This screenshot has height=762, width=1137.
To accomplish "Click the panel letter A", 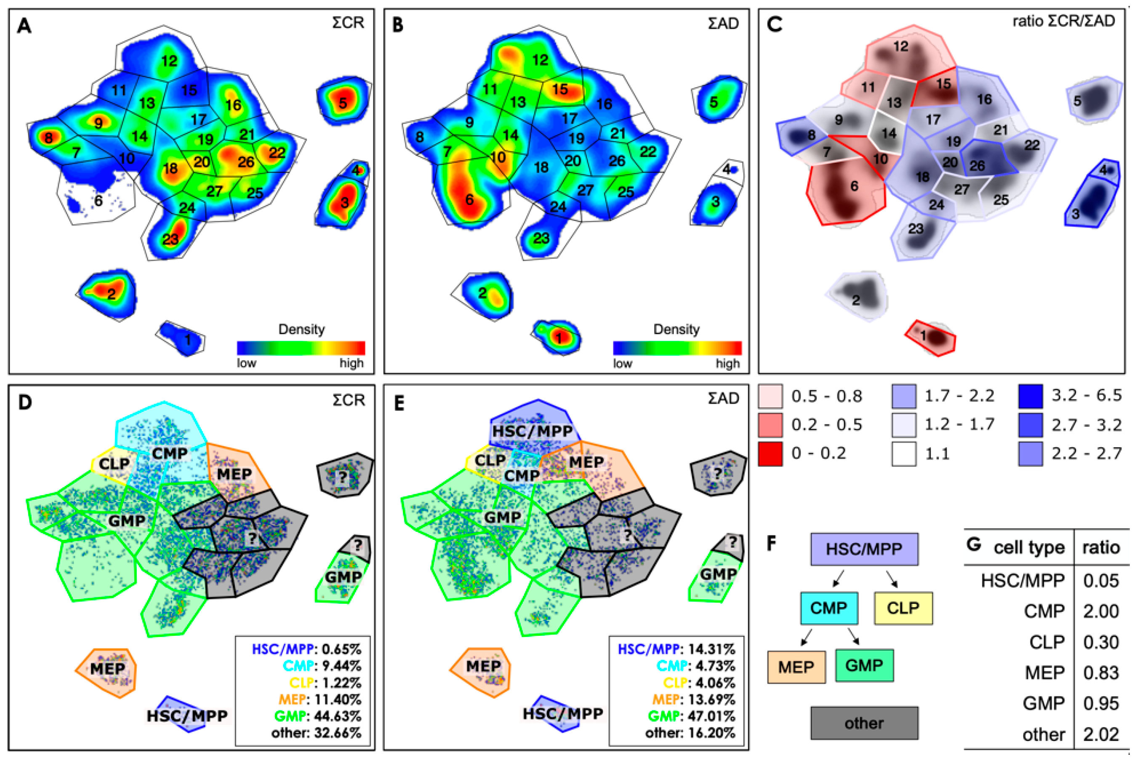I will pyautogui.click(x=24, y=26).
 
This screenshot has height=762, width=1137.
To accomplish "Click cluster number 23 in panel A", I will pyautogui.click(x=170, y=239).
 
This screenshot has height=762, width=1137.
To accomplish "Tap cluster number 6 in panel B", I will pyautogui.click(x=469, y=200).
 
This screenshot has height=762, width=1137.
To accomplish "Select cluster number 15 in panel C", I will pyautogui.click(x=943, y=84).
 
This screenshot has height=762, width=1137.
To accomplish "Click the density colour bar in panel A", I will pyautogui.click(x=301, y=348).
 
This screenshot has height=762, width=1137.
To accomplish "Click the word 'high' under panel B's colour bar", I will pyautogui.click(x=727, y=364).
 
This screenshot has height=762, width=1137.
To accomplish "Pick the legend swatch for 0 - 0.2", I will pyautogui.click(x=770, y=454).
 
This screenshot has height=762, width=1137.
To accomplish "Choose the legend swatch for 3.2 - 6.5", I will pyautogui.click(x=1030, y=396).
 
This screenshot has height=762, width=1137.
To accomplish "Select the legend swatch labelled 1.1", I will pyautogui.click(x=904, y=454).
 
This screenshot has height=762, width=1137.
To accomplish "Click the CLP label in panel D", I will pyautogui.click(x=114, y=464).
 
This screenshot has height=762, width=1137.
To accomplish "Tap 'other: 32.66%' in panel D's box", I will pyautogui.click(x=317, y=733).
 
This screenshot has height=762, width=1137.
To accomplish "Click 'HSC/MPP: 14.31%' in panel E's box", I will pyautogui.click(x=676, y=649).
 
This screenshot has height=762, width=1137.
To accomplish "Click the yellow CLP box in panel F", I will pyautogui.click(x=903, y=608).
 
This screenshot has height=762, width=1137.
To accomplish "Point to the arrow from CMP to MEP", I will pyautogui.click(x=806, y=637).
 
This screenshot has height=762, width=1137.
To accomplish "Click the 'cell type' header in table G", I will pyautogui.click(x=1028, y=548).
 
